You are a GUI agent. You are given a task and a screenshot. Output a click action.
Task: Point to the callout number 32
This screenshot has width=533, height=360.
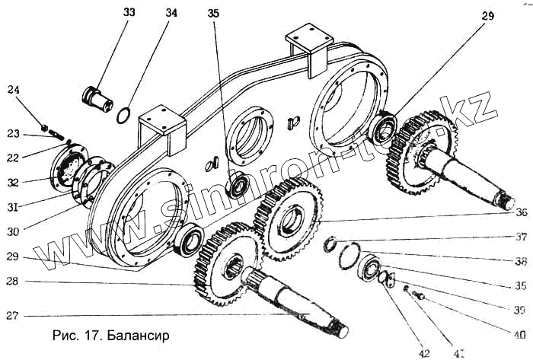pyautogui.click(x=13, y=182)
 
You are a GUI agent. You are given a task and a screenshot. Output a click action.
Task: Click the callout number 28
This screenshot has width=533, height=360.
pyautogui.click(x=13, y=282)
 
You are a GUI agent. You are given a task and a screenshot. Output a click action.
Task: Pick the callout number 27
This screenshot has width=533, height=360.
pyautogui.click(x=13, y=315)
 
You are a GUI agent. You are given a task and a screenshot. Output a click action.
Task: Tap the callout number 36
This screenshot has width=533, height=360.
pyautogui.click(x=521, y=212)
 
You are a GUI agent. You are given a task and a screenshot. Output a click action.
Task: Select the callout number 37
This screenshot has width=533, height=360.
pyautogui.click(x=520, y=236)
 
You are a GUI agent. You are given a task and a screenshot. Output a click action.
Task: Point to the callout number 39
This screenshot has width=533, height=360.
pyautogui.click(x=520, y=309)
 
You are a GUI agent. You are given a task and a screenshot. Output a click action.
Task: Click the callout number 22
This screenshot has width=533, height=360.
pyautogui.click(x=13, y=158)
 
